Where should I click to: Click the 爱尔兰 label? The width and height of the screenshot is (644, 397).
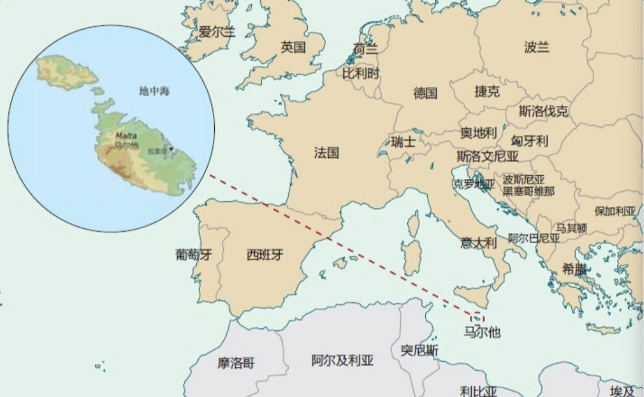coord(217,32)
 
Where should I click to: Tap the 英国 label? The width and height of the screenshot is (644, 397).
coord(293,47)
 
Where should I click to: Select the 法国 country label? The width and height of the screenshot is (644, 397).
coord(326,153)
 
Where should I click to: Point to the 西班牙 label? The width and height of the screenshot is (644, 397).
coord(265,255)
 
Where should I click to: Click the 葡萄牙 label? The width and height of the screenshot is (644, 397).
coord(194,255)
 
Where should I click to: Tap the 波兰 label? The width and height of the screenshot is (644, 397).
coord(537,47)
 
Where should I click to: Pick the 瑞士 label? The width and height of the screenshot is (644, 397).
coord(403,142)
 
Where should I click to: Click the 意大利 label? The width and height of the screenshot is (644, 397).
coord(478,243)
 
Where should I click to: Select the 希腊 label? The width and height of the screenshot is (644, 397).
coord(574,270)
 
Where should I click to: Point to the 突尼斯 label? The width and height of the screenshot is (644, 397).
coord(419,351)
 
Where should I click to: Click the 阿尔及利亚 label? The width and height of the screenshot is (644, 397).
coord(342,361)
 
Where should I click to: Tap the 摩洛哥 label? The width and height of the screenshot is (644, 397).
coord(236,363)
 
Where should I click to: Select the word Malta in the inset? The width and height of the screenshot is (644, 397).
coord(126,136)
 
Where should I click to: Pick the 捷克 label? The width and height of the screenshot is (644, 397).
coord(487,91)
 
